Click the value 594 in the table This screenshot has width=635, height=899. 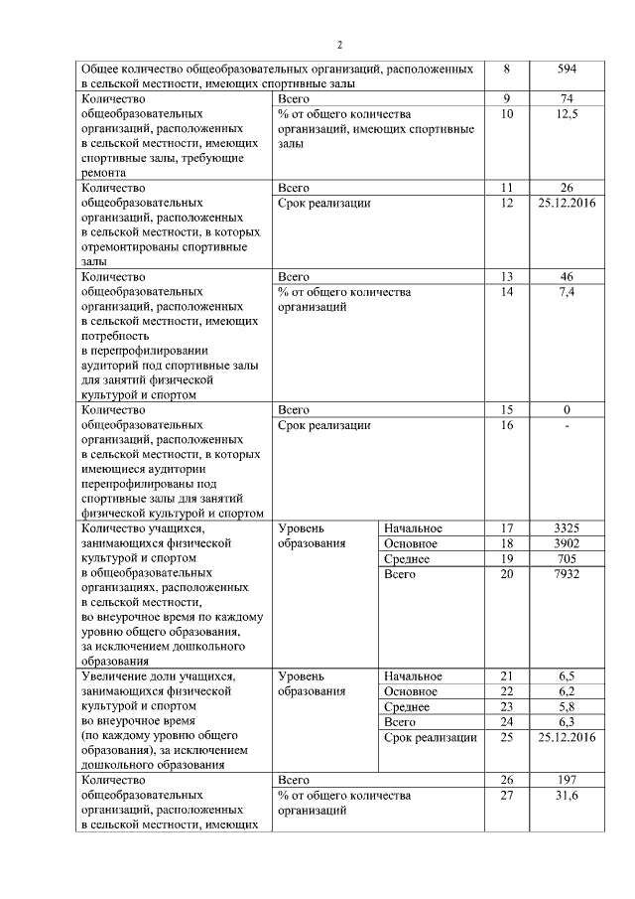(568, 70)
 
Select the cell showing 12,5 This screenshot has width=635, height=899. (568, 115)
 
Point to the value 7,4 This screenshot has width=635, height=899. (568, 292)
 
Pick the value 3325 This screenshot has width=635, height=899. (568, 528)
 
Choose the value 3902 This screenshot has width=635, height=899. (568, 544)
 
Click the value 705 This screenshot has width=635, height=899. (568, 559)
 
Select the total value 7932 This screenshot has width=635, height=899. (568, 574)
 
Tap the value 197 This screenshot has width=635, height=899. (568, 781)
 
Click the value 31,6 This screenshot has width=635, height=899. (568, 796)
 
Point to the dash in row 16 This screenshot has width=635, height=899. (568, 425)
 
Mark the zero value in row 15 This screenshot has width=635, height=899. (568, 410)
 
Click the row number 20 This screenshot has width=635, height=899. (508, 574)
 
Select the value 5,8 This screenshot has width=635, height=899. (568, 707)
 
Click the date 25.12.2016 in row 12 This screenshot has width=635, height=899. (568, 203)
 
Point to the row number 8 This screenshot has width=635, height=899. (508, 70)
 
